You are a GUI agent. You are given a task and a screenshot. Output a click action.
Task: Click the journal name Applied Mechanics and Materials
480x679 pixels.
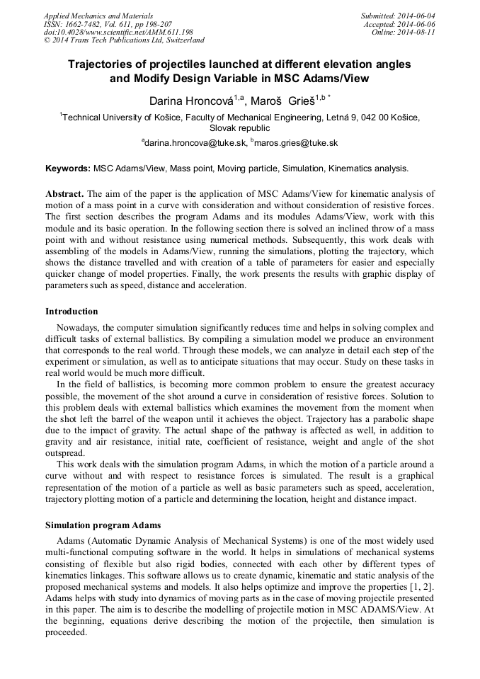click(98, 16)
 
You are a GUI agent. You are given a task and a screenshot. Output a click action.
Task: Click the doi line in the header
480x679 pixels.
click(118, 33)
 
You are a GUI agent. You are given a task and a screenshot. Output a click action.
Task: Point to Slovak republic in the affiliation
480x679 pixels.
click(239, 128)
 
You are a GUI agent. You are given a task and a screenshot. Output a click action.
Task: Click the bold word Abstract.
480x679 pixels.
click(64, 193)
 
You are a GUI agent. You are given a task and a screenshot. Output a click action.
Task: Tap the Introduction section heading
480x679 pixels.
click(72, 312)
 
